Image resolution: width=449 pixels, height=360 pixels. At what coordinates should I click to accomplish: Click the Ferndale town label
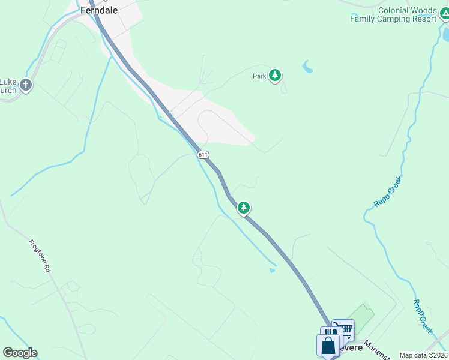click(99, 10)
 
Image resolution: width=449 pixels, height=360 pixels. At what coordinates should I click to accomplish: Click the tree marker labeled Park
click(275, 76)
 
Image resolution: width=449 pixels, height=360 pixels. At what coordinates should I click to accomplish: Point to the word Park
click(259, 76)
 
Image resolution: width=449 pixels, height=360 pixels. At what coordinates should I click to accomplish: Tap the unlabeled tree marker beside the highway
click(243, 208)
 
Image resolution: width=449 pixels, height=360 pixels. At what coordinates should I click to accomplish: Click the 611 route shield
click(203, 154)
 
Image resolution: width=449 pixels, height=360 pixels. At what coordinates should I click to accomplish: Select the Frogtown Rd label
click(40, 256)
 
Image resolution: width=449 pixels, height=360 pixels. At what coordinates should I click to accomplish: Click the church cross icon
click(25, 85)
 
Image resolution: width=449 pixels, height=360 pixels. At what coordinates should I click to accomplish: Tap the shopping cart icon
click(344, 329)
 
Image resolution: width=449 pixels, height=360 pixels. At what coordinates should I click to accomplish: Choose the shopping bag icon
click(328, 346)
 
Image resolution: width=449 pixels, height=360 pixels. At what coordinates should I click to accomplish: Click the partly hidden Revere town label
click(351, 348)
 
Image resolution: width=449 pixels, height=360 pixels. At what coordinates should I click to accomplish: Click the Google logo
click(20, 353)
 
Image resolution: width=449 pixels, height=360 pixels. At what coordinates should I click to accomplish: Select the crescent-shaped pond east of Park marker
click(308, 66)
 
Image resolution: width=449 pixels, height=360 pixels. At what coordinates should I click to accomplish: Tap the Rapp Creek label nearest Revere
click(423, 317)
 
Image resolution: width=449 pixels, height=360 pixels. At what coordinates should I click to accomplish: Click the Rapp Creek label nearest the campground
click(387, 191)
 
